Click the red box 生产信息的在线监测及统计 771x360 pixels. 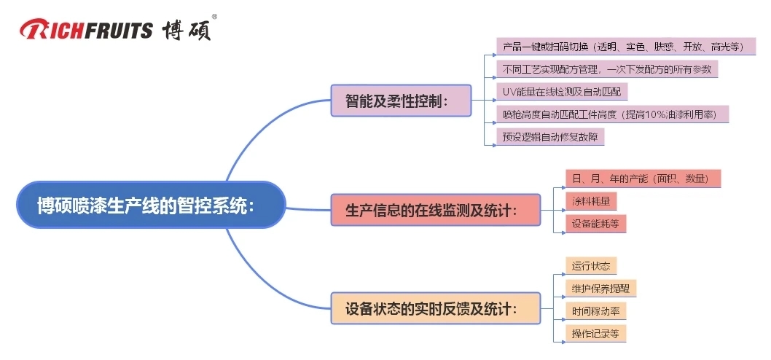click(436, 209)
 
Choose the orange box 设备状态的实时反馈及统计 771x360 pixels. click(435, 308)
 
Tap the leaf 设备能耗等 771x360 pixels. click(595, 224)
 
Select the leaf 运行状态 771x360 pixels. click(591, 266)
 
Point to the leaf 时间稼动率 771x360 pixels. click(595, 310)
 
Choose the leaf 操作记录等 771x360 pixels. click(595, 333)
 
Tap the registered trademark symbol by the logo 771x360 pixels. click(214, 16)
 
